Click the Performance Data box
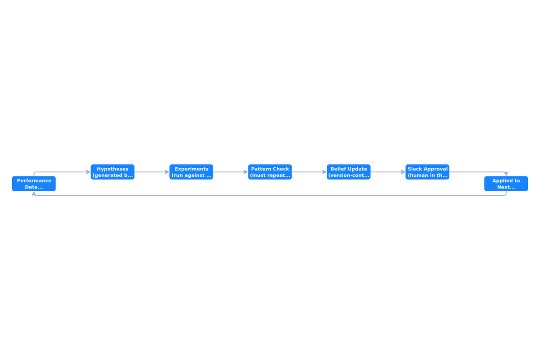tap(34, 184)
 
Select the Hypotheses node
tap(112, 172)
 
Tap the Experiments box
tap(191, 172)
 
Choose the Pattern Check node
tap(270, 172)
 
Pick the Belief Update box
tap(349, 172)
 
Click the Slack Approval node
tap(427, 172)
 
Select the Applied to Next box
tap(506, 184)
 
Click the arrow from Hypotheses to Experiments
tap(152, 172)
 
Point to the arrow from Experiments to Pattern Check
tap(231, 172)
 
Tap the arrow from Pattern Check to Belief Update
tap(309, 172)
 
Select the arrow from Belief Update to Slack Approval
tap(388, 172)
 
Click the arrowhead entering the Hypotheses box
tap(89, 172)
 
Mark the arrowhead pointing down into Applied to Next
tap(506, 174)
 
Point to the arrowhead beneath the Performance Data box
tap(34, 193)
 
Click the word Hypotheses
tap(112, 169)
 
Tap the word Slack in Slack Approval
tap(414, 169)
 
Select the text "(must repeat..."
tap(270, 175)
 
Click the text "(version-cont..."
tap(349, 175)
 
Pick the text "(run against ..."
tap(191, 175)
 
